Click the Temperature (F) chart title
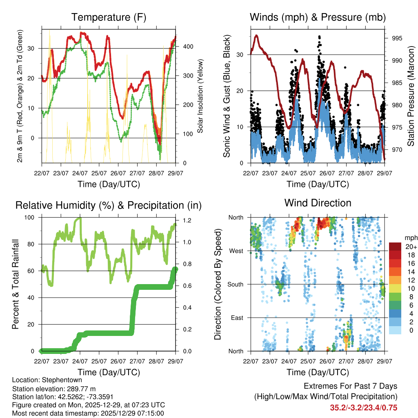coord(109,18)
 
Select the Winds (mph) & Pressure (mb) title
coord(318,18)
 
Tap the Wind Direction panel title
coord(318,203)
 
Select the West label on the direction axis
coord(236,251)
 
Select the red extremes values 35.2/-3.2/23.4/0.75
coord(364,407)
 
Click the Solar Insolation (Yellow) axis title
coord(200,96)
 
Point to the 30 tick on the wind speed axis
coord(241,55)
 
